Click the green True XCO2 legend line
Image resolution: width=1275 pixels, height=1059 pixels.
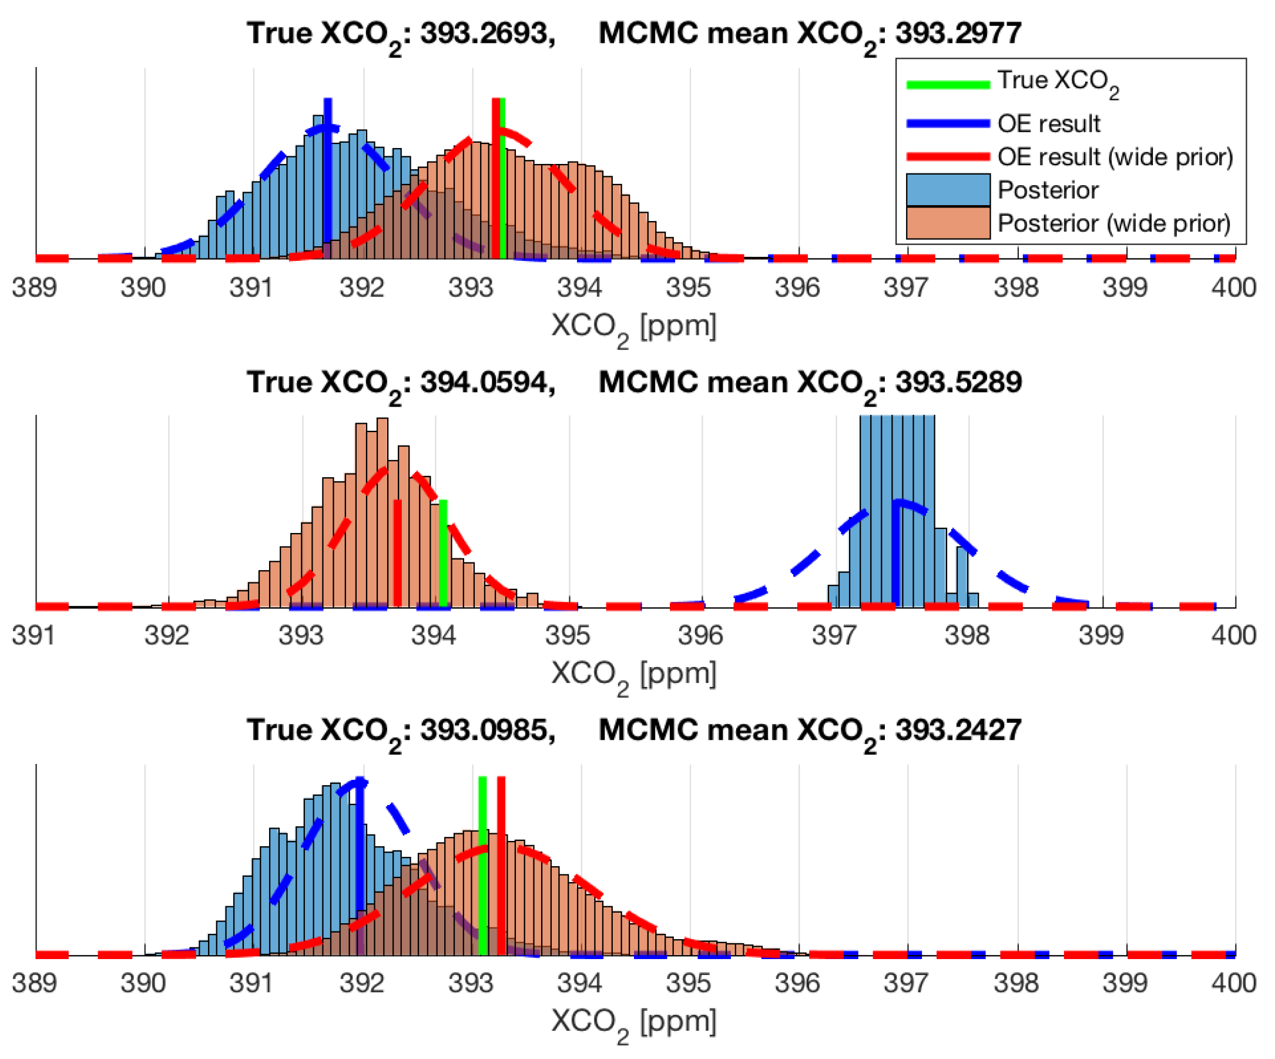coord(948,85)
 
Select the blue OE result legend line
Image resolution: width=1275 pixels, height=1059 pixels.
coord(948,124)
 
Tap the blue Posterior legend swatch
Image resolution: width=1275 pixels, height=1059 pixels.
coord(948,190)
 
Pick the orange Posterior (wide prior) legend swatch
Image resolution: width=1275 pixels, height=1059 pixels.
coord(948,223)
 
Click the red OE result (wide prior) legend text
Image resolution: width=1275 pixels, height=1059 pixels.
coord(1115,157)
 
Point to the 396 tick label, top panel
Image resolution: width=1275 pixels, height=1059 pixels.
coord(798,287)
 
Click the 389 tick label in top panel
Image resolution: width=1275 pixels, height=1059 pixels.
coord(34,287)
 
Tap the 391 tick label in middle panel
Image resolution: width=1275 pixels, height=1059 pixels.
coord(34,635)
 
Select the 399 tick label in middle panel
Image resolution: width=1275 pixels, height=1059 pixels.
coord(1101,635)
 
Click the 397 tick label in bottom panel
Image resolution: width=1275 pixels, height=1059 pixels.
coord(907,983)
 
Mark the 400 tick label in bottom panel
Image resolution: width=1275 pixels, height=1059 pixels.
coord(1234,983)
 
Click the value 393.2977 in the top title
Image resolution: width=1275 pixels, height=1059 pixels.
coord(959,33)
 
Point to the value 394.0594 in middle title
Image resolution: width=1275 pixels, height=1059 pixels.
coord(484,382)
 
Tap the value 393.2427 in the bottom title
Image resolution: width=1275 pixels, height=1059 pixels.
coord(959,729)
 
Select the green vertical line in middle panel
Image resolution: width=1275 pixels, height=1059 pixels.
coord(443,553)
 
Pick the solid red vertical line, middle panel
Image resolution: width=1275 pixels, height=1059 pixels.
coord(398,553)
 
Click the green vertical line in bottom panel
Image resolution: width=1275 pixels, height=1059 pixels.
coord(483,865)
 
